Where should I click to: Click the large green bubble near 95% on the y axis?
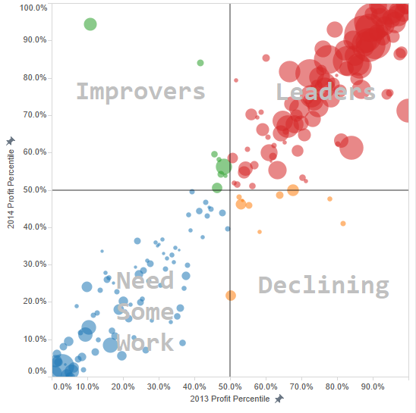tap(90, 24)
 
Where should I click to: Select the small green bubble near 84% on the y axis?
tap(200, 63)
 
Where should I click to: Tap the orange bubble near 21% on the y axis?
tap(231, 296)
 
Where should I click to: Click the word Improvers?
tap(140, 92)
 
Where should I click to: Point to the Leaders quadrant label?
tap(326, 92)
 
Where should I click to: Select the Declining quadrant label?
tap(323, 286)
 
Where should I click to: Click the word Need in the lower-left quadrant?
tap(145, 280)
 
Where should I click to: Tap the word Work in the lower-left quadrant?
tap(145, 342)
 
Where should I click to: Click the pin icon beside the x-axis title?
tap(279, 399)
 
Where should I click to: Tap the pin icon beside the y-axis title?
tap(10, 141)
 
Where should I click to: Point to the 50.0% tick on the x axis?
tap(231, 386)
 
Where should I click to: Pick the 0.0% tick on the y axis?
tap(36, 371)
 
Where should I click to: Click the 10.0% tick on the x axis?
tap(87, 386)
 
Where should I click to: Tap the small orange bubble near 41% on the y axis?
tap(343, 224)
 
